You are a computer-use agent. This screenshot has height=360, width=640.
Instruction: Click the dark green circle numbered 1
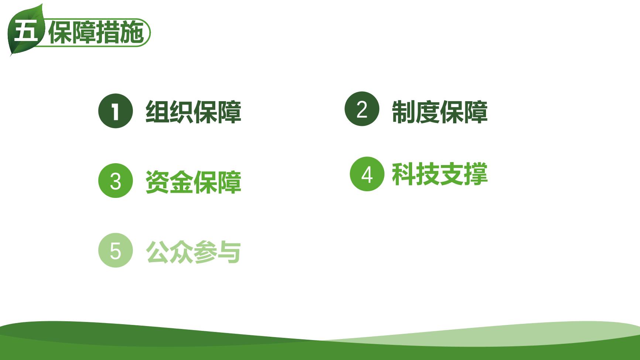tap(116, 111)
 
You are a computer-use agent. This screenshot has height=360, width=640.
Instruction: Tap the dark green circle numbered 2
tap(362, 109)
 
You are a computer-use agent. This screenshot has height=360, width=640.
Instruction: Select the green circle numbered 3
tap(116, 181)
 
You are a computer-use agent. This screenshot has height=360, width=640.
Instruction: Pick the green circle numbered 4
tap(367, 174)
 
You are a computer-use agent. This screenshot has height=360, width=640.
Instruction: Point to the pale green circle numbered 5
tap(116, 250)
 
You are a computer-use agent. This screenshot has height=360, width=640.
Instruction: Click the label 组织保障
tap(194, 112)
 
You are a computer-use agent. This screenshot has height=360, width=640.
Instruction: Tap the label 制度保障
tap(440, 112)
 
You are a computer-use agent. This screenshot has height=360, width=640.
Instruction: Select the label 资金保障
tap(194, 182)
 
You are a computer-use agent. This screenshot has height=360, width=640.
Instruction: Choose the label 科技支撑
tap(440, 174)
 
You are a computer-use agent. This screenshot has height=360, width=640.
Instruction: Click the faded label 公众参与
tap(194, 252)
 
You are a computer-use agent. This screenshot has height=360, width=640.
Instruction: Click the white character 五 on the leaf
tap(26, 32)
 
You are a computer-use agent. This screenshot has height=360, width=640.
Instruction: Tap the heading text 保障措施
tap(96, 32)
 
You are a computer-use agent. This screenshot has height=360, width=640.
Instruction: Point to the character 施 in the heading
tap(132, 32)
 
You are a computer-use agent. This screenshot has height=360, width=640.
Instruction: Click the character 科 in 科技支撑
tap(404, 174)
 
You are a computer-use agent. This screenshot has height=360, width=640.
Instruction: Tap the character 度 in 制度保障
tap(428, 112)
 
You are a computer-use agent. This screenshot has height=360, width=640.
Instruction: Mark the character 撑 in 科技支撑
tap(476, 174)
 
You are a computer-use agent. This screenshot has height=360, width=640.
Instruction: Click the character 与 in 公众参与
tap(229, 252)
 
